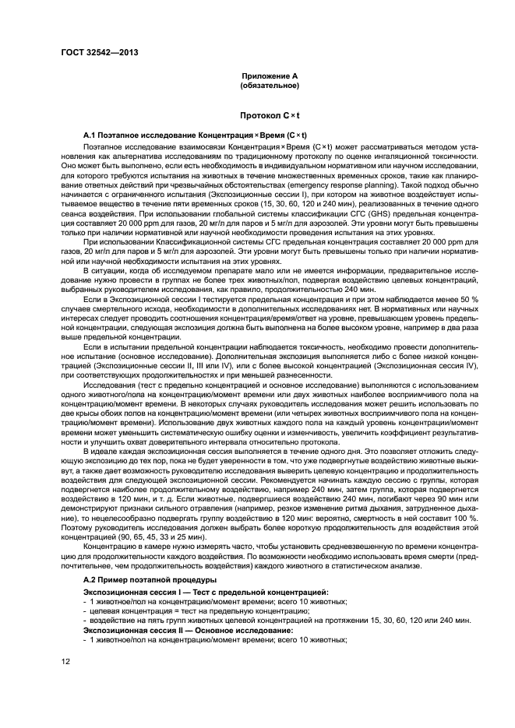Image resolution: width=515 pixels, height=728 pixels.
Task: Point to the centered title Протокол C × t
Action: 270,114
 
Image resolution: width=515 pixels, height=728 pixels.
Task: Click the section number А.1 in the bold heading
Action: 91,135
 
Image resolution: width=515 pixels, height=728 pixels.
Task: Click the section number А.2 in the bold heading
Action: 91,580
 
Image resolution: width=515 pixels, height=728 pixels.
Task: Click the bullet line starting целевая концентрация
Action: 125,610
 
